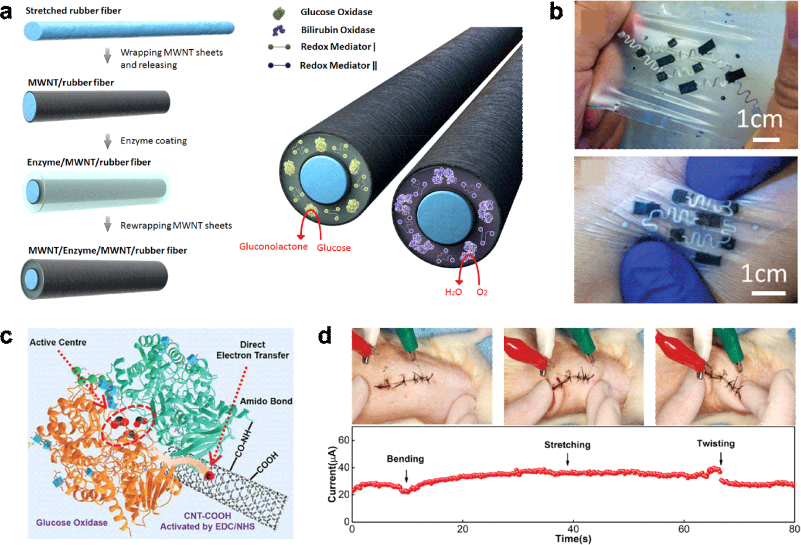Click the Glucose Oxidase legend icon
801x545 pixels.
click(x=279, y=14)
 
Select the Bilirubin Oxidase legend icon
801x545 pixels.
click(x=279, y=30)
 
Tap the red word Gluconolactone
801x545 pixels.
click(x=273, y=247)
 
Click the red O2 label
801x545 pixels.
click(x=482, y=292)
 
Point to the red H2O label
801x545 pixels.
click(x=453, y=292)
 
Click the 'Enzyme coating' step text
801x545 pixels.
click(x=153, y=141)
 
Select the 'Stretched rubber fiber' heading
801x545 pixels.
click(x=73, y=11)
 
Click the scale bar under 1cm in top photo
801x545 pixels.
click(x=766, y=140)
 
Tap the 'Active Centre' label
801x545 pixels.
click(x=58, y=342)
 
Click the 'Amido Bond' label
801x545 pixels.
click(x=266, y=401)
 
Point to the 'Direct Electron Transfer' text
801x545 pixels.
click(x=252, y=350)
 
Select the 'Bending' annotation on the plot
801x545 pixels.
click(x=405, y=459)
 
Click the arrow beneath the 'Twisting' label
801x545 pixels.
click(x=721, y=459)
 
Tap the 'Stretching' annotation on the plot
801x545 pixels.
click(x=567, y=445)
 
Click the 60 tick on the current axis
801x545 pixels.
click(x=344, y=440)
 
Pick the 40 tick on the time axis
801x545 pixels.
click(x=573, y=529)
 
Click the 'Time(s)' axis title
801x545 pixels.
click(x=573, y=539)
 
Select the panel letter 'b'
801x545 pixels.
click(x=556, y=11)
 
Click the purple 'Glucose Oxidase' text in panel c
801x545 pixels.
click(x=72, y=522)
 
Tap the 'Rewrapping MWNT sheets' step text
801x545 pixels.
click(x=176, y=225)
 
